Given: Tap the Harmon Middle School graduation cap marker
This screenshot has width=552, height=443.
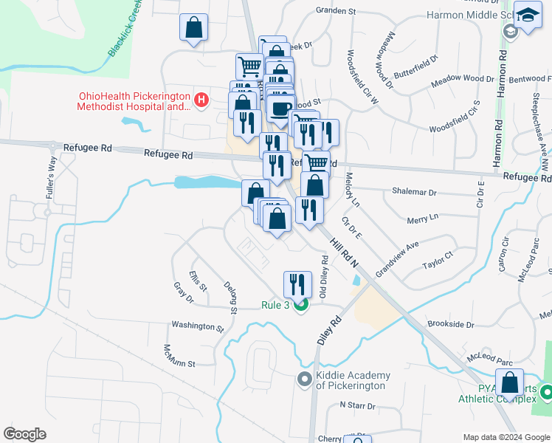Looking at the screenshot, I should click(528, 17).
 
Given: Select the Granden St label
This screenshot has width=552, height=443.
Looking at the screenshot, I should click(336, 12).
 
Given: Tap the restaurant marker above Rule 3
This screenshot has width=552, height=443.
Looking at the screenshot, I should click(298, 284).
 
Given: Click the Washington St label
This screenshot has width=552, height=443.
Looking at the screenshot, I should click(197, 325).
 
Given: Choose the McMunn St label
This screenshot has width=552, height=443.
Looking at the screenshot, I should click(180, 363).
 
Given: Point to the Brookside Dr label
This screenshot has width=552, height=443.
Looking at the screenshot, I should click(450, 324).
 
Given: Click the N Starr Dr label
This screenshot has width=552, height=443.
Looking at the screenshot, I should click(358, 406).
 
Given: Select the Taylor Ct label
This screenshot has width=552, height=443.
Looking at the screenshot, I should click(437, 264).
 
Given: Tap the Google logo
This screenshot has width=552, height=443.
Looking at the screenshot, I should click(24, 434).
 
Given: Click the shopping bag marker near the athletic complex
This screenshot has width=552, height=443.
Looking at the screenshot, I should click(509, 383).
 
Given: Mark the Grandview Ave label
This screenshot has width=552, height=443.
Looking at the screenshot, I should click(396, 257).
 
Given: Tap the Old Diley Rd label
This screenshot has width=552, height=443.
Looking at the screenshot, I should click(323, 277).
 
